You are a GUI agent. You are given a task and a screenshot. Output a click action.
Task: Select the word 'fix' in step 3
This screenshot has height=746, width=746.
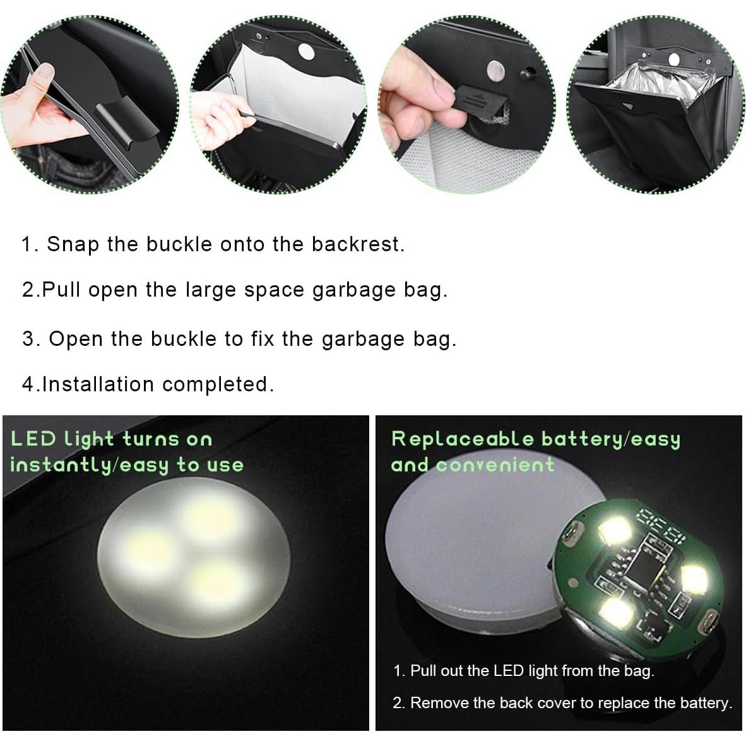coord(262,339)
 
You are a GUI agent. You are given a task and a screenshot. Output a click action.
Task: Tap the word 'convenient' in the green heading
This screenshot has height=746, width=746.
coord(495,465)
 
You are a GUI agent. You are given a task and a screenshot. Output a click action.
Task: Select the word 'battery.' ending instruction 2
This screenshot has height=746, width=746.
coord(706,703)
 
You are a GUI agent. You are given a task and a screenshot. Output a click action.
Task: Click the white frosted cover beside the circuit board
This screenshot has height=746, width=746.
coord(467,549)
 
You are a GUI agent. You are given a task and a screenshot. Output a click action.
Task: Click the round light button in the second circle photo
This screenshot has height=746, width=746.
coord(305,52)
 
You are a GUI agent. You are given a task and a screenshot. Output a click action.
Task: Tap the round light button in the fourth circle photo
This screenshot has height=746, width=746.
coord(674,59)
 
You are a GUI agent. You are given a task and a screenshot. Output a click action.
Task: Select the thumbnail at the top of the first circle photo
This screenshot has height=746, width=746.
coord(44,77)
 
